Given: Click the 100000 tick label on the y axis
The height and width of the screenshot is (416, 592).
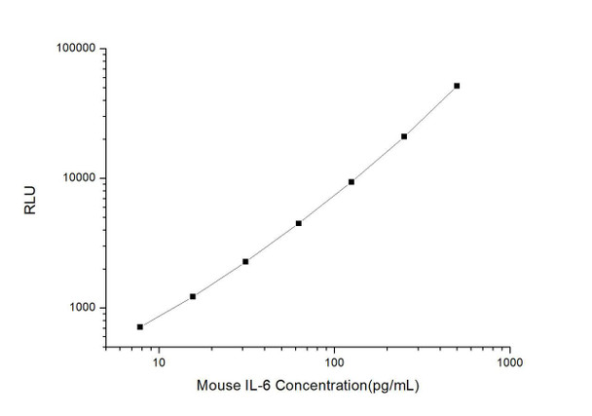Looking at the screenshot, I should point(73,49).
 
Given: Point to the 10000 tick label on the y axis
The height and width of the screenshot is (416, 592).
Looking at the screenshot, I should point(76,178).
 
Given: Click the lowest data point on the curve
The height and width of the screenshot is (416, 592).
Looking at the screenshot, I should point(140,326).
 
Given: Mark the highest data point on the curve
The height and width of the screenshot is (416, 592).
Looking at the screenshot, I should point(457,86).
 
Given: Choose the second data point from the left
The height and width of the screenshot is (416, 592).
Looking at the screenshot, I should point(193,296).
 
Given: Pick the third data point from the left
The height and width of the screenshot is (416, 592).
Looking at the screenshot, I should point(245,261).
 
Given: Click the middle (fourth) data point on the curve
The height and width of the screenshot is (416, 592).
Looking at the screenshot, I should point(299,223).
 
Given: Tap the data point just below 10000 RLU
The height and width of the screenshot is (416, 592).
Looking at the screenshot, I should point(351,182).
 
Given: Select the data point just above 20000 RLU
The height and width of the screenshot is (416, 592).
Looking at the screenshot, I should point(404,136).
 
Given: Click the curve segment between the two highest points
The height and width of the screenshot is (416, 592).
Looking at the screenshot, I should point(431,111).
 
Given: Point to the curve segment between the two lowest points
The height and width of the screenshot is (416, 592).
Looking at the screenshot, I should point(166,312).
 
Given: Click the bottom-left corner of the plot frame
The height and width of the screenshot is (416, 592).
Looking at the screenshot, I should point(105,348).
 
